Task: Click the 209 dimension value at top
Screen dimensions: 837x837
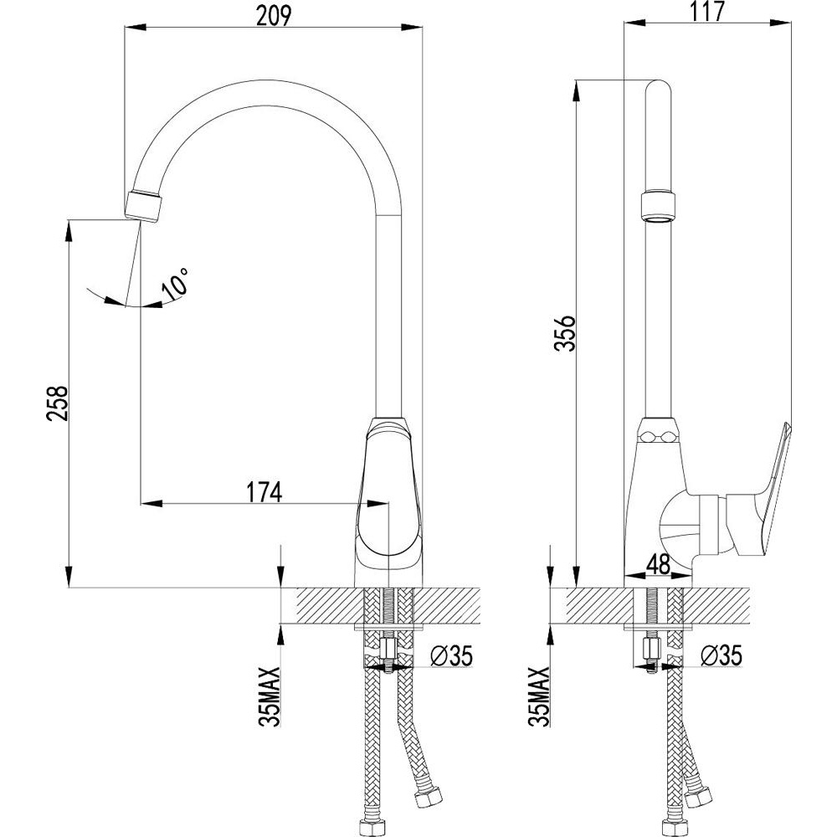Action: coord(274,16)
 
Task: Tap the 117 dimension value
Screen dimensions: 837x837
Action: coord(707,13)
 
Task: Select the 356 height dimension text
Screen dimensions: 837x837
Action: coord(565,332)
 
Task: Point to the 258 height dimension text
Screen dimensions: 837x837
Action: coord(58,403)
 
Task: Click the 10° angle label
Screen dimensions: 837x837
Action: coord(176,284)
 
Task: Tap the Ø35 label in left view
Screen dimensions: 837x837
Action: coord(452,655)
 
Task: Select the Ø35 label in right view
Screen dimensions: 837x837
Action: coord(721,655)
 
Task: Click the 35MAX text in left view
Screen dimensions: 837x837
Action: coord(270,696)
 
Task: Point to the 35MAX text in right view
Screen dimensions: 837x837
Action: coord(539,696)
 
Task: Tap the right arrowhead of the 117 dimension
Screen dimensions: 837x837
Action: coord(780,23)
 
